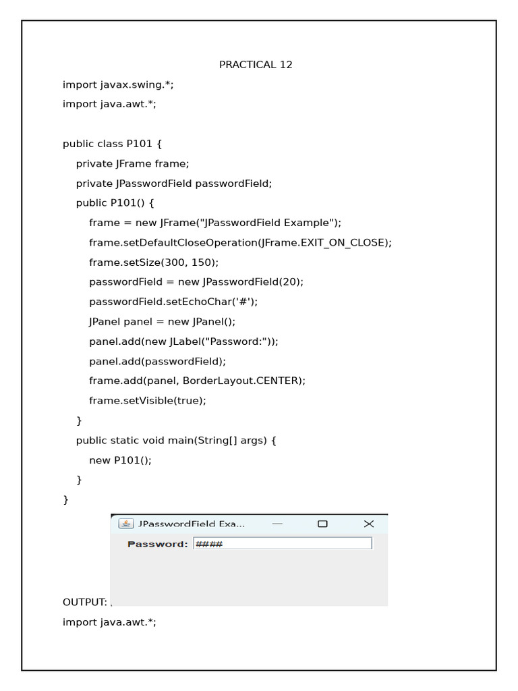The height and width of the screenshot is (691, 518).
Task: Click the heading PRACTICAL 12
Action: [x=256, y=65]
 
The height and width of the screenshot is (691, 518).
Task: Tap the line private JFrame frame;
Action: [x=133, y=163]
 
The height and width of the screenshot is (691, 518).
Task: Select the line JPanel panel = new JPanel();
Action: [x=162, y=322]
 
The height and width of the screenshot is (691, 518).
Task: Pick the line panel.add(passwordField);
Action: [x=157, y=361]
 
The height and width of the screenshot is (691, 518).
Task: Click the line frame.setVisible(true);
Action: [x=148, y=400]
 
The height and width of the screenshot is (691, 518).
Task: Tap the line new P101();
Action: [x=120, y=460]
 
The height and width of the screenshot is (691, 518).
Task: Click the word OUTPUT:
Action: [x=84, y=602]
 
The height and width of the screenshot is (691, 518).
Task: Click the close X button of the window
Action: [x=368, y=524]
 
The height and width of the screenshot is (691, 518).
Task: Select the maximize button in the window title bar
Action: [x=322, y=524]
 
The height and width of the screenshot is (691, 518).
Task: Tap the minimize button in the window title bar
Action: [x=277, y=524]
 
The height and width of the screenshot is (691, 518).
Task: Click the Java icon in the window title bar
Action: [x=125, y=524]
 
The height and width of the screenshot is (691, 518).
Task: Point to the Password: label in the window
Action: [x=157, y=544]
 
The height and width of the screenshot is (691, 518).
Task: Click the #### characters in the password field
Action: [x=208, y=544]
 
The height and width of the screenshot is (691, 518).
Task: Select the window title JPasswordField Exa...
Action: [x=192, y=524]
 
